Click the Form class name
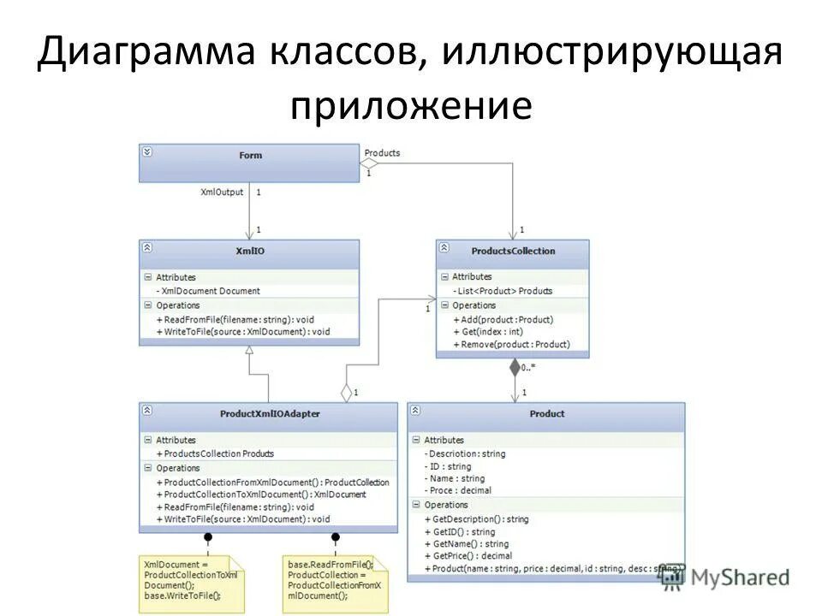[x=250, y=155]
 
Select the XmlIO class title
[x=249, y=251]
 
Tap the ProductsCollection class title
[x=513, y=251]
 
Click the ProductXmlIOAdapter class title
[x=269, y=413]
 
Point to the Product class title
[x=546, y=413]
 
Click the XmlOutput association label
[x=222, y=192]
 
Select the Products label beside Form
[x=382, y=153]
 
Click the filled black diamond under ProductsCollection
[x=515, y=368]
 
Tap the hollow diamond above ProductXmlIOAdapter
[x=347, y=393]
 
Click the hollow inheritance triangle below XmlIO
[x=249, y=351]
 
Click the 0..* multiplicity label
[x=528, y=368]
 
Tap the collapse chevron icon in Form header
[x=147, y=152]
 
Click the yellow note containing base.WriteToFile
[x=191, y=583]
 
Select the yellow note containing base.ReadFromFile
[x=335, y=583]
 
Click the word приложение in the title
[x=411, y=107]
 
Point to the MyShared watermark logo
[x=725, y=577]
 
